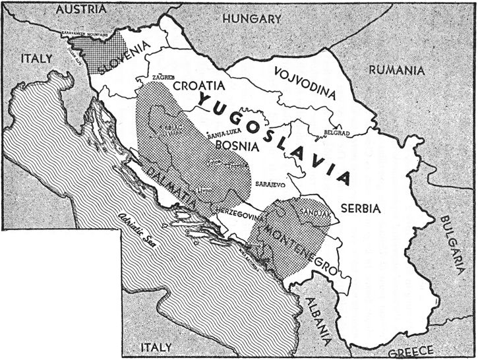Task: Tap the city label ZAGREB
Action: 163,77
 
